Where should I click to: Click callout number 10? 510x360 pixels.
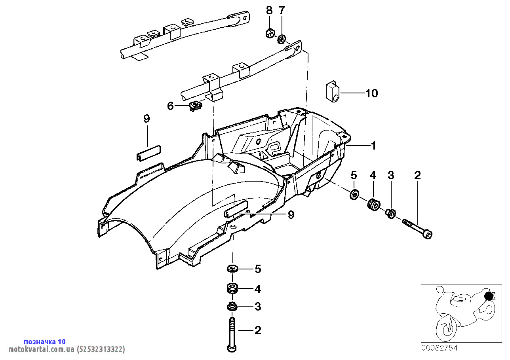372,93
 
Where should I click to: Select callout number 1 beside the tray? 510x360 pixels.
373,146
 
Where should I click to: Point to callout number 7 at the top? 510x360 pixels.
282,11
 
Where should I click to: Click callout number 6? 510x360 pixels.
170,106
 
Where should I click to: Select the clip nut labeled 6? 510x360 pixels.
195,106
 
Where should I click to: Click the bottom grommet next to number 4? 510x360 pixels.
232,288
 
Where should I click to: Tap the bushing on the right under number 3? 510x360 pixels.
390,214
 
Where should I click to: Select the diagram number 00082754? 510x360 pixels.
439,348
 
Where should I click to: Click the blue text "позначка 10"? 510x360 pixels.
45,341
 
